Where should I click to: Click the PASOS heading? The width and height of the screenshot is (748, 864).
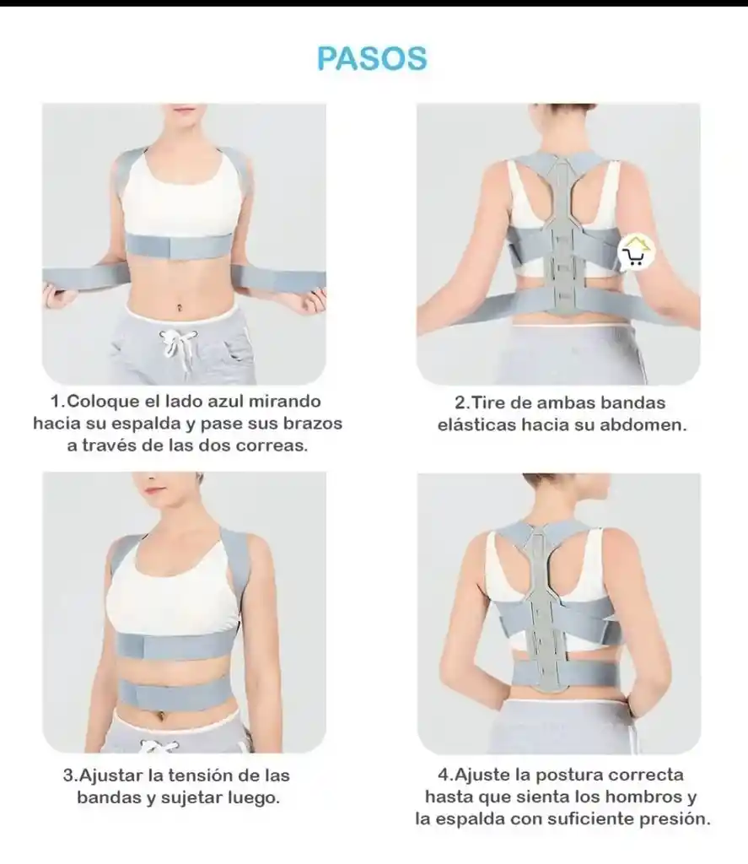coord(373,58)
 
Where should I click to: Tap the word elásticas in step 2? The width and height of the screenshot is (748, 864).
coord(477,425)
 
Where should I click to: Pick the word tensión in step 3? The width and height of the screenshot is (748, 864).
coord(204,775)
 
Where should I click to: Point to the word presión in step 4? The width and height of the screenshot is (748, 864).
coord(675,818)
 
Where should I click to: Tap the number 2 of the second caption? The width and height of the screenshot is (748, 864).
coord(460,402)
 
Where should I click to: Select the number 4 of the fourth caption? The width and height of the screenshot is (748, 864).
coord(444,775)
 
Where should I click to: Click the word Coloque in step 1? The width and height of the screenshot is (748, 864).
coord(102,401)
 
